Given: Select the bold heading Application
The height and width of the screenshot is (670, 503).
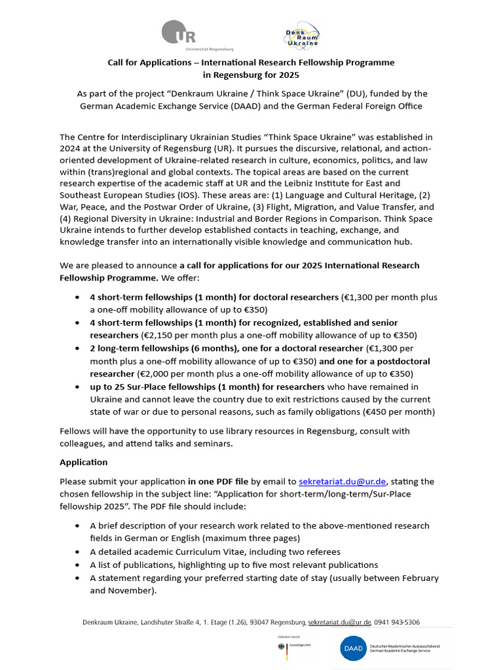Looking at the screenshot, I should coord(83,462).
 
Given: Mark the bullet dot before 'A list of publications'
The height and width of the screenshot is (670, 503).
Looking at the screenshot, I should coord(79,565).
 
